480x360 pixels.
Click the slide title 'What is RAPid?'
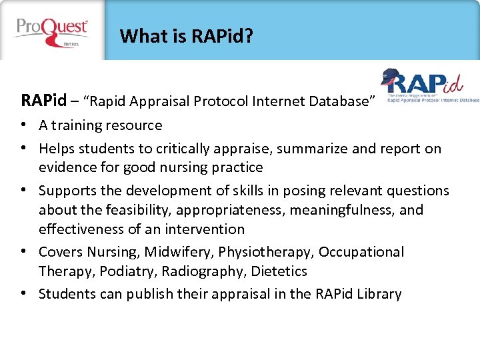point(186,36)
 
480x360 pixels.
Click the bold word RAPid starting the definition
point(44,101)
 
